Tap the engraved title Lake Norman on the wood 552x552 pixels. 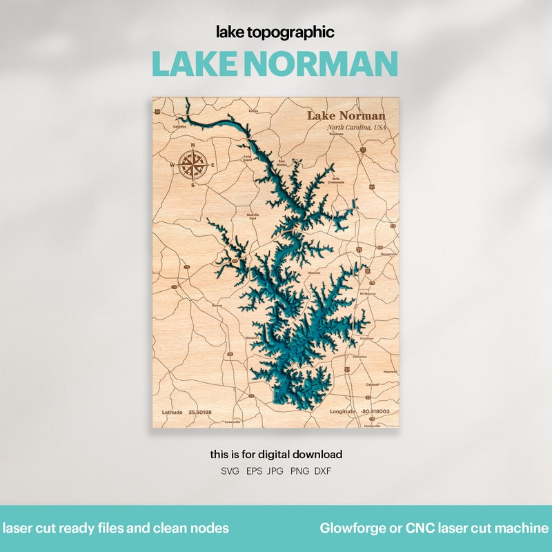346,115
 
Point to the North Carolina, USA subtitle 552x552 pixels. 357,128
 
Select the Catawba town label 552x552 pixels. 179,127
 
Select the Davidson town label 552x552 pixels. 366,338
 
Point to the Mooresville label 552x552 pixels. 389,254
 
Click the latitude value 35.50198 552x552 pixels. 200,412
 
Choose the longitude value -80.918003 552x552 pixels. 375,411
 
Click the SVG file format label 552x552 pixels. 229,471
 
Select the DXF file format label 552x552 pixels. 322,471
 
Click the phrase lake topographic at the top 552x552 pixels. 275,32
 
